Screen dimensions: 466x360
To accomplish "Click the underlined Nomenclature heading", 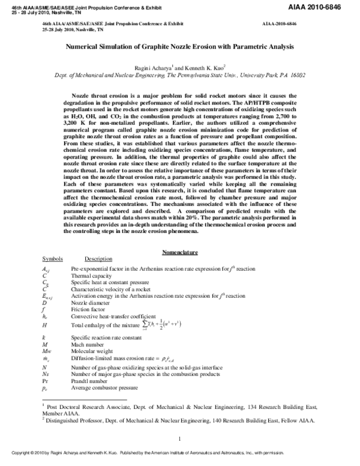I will point(180,252).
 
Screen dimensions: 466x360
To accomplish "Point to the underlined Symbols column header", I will point(52,258).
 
